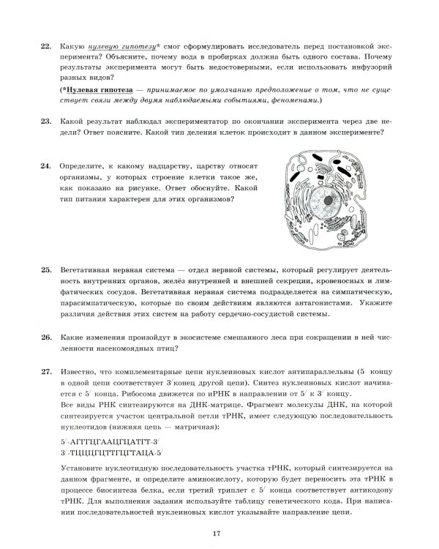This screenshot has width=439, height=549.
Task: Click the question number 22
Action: pos(45,46)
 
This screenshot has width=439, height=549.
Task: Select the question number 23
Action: pos(45,122)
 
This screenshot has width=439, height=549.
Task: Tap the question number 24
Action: pos(45,165)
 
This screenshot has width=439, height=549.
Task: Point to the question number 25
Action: pos(45,270)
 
